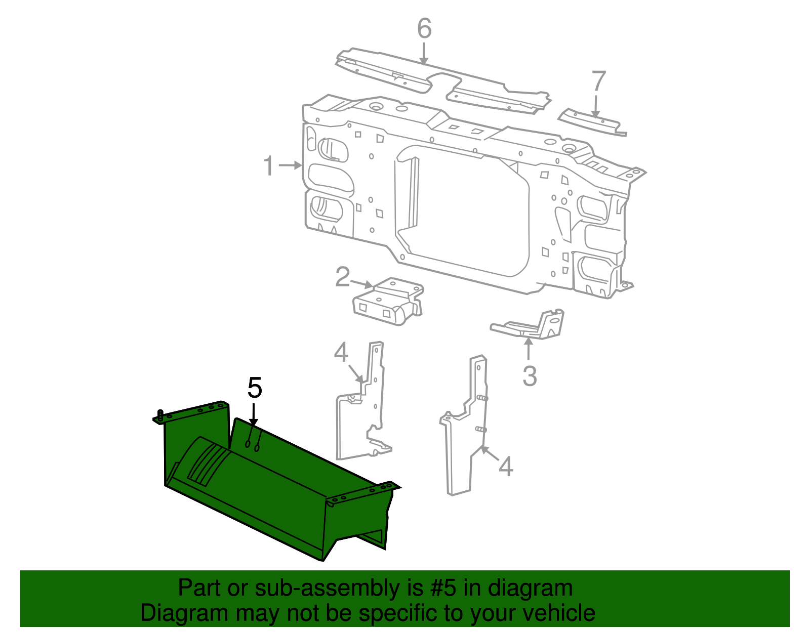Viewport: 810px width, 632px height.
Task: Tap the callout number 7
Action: tap(598, 81)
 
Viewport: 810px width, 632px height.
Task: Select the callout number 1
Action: tap(269, 166)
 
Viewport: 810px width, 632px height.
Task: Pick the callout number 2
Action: tap(343, 277)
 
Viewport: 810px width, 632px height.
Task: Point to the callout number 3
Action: tap(530, 376)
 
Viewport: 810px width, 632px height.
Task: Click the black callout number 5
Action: tap(255, 388)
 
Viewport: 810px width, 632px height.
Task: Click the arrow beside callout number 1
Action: tap(291, 165)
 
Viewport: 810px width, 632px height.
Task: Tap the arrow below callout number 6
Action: tap(424, 53)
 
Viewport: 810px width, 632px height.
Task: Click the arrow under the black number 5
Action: tap(254, 414)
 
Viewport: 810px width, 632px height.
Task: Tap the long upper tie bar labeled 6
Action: tap(440, 81)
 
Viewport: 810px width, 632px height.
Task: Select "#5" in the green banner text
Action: tap(442, 588)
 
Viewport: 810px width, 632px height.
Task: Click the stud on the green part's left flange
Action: tap(160, 415)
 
